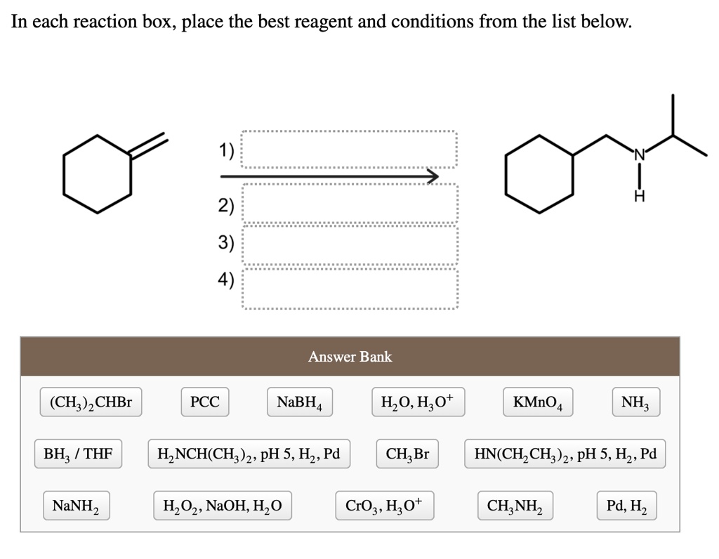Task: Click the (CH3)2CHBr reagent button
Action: (91, 402)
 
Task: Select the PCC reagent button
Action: (205, 402)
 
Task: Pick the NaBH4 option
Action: (300, 402)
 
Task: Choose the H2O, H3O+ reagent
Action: (418, 402)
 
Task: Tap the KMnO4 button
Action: (538, 402)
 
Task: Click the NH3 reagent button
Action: (636, 402)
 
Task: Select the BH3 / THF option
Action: (79, 454)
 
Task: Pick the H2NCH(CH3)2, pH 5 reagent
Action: (249, 454)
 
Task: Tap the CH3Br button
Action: (407, 454)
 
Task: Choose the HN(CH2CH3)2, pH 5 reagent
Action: (565, 454)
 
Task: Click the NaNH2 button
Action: (77, 506)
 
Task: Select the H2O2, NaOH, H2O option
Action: (223, 506)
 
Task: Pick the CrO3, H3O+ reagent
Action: (385, 506)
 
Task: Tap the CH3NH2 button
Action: (515, 506)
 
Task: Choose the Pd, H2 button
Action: (627, 506)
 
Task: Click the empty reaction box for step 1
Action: (350, 150)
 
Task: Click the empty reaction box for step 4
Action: (350, 289)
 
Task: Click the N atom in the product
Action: (639, 155)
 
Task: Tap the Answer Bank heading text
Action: (350, 357)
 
